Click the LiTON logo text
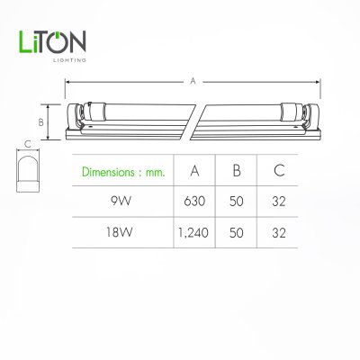pyautogui.click(x=52, y=43)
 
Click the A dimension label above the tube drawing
pyautogui.click(x=193, y=80)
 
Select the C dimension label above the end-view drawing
pyautogui.click(x=28, y=142)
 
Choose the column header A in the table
pyautogui.click(x=195, y=171)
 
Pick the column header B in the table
pyautogui.click(x=235, y=171)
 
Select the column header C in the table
pyautogui.click(x=276, y=171)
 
